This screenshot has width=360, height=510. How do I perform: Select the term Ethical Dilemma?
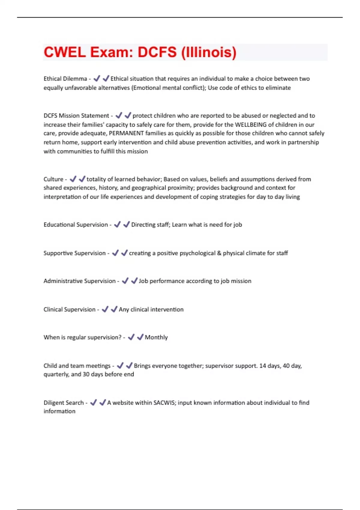pyautogui.click(x=65, y=79)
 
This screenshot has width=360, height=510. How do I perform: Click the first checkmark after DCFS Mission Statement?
pyautogui.click(x=119, y=115)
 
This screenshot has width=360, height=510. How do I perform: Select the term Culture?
pyautogui.click(x=53, y=179)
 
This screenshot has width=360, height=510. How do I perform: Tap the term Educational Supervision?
pyautogui.click(x=76, y=225)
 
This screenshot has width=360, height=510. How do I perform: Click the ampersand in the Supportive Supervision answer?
pyautogui.click(x=219, y=253)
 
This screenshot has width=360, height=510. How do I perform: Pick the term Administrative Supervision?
pyautogui.click(x=79, y=281)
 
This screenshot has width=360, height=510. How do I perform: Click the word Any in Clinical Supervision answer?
pyautogui.click(x=124, y=309)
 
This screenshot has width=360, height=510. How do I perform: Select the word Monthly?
pyautogui.click(x=156, y=337)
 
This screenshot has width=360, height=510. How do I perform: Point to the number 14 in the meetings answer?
pyautogui.click(x=262, y=366)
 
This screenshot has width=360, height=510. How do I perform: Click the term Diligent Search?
pyautogui.click(x=64, y=403)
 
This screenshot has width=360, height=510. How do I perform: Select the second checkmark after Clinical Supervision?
pyautogui.click(x=114, y=309)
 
